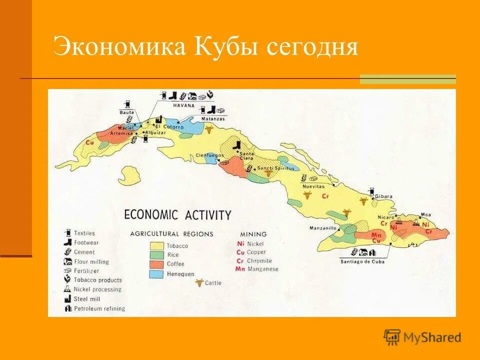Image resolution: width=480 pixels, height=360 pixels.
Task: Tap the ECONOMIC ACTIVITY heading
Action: point(177,215)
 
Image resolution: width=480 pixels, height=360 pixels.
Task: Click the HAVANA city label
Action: point(184,105)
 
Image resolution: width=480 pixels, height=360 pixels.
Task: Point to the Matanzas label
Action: point(213,119)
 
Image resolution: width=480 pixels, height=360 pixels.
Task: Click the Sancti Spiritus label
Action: point(275,168)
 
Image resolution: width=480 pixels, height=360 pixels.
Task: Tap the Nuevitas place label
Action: point(313,186)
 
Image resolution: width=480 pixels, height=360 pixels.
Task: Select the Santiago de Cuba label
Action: point(362,261)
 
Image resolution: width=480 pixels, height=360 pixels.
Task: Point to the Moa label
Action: point(426,214)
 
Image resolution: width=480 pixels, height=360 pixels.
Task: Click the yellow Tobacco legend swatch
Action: point(157,246)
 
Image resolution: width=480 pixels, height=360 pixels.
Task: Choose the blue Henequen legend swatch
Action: point(157,274)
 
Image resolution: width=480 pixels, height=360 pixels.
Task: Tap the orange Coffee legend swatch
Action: point(157,264)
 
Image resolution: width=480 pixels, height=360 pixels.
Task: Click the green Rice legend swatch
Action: point(157,255)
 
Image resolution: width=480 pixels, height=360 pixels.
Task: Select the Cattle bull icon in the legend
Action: point(199,283)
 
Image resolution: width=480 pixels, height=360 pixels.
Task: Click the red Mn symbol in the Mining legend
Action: point(240,269)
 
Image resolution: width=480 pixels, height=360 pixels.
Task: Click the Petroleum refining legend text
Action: point(99,308)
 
